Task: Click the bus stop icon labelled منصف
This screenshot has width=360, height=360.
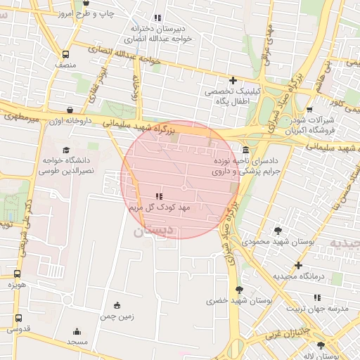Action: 65,54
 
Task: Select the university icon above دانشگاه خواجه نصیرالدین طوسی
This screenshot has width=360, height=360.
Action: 66,150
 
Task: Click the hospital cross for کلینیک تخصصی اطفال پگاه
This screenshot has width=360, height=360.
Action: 233,80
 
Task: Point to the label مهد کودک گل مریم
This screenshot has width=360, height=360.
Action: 156,209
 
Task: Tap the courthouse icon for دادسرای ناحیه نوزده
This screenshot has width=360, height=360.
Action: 245,150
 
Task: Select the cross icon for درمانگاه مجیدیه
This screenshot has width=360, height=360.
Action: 299,265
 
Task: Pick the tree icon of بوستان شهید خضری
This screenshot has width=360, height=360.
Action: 240,289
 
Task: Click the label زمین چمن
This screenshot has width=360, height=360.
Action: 117,317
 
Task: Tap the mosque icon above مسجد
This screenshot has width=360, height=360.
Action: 77,330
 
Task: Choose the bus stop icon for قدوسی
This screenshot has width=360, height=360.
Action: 18,316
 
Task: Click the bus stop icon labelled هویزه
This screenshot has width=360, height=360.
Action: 17,274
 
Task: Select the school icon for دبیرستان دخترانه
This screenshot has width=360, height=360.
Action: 157,17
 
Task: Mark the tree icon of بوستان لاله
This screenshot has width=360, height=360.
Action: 321,345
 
